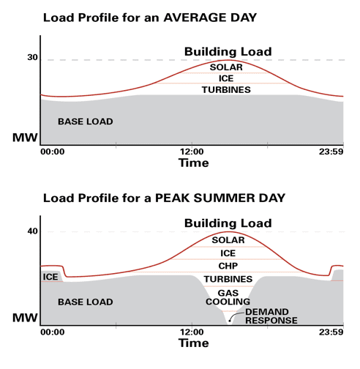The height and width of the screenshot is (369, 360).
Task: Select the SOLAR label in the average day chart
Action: [x=226, y=67]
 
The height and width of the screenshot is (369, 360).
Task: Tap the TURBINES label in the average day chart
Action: [x=226, y=90]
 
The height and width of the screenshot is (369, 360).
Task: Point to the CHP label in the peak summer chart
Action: [x=228, y=266]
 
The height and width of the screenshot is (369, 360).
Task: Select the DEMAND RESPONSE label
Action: [x=271, y=316]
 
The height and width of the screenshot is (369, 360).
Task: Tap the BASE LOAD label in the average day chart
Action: [x=86, y=122]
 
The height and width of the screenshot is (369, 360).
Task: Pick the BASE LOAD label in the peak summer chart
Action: [x=86, y=302]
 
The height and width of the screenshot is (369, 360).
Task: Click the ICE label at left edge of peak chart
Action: [x=50, y=277]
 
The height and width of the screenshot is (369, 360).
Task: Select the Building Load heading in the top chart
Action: [x=228, y=51]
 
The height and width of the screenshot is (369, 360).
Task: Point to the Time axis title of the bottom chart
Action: [x=194, y=343]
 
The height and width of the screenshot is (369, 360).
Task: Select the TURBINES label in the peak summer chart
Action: [x=228, y=279]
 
